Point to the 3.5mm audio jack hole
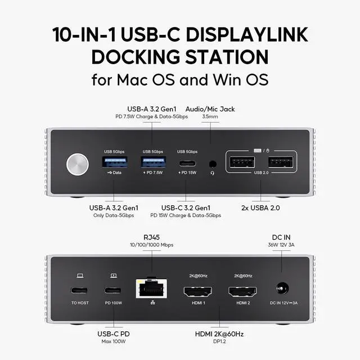pos(212,164)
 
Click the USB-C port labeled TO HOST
pos(80,291)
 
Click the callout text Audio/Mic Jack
pos(210,108)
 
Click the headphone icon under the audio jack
pos(212,173)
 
